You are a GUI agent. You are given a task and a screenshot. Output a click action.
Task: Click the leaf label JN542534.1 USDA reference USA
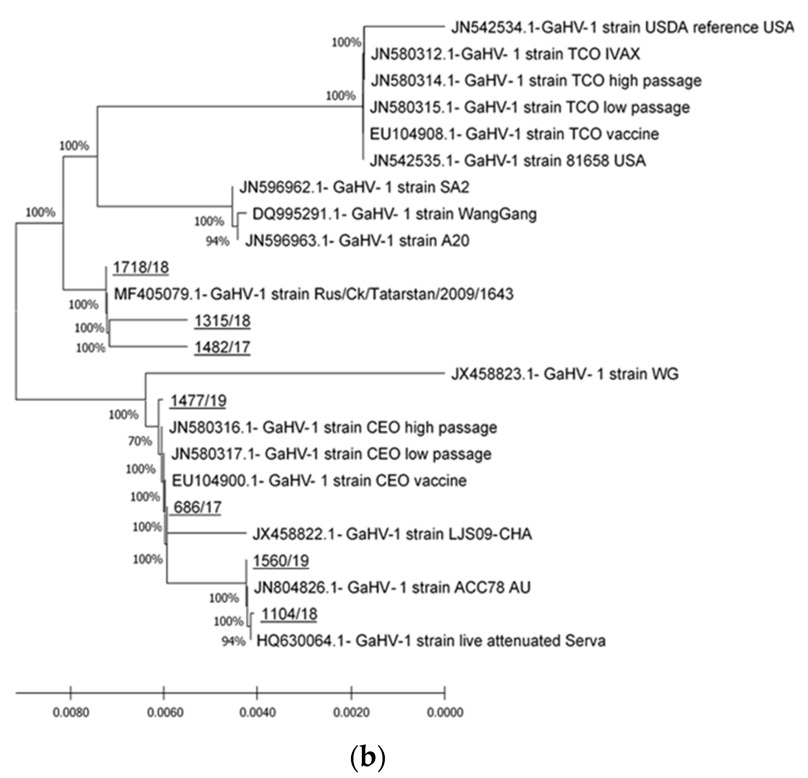coord(622,28)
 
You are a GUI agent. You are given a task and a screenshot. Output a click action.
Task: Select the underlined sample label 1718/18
coord(141,268)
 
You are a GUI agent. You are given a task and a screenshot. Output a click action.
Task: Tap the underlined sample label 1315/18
coord(222,321)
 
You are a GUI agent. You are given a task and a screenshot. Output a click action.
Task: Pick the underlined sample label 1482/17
coord(222,347)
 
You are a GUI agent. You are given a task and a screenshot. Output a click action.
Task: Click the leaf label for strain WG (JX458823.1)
coord(564,374)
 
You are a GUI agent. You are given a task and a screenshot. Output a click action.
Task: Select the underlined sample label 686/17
coord(197,507)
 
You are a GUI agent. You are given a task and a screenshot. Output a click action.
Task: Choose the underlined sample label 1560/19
coord(281,561)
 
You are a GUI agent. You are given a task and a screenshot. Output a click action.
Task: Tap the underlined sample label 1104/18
coord(289,614)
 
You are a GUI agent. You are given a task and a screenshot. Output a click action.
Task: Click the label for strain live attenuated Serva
coord(431,641)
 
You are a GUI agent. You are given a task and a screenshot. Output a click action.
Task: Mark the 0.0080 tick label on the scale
coord(71,713)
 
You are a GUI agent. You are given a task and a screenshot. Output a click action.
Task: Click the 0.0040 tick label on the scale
coord(258,713)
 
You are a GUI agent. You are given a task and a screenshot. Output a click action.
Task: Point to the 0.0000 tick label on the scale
coord(445,713)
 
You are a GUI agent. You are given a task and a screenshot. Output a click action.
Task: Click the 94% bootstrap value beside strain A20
coord(218,241)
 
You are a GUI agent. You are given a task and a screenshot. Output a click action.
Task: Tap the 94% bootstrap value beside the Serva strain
coord(233,641)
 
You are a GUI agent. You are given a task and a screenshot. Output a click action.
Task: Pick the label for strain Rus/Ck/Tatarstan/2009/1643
coord(313,294)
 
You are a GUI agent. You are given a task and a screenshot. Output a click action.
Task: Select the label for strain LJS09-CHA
coord(392,534)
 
